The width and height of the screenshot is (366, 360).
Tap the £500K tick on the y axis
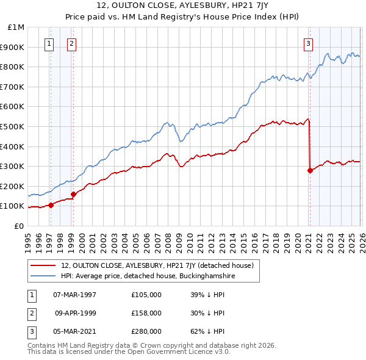pyautogui.click(x=13, y=126)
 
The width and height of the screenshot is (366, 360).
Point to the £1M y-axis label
pyautogui.click(x=16, y=27)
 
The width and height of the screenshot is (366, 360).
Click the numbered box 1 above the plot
pyautogui.click(x=49, y=43)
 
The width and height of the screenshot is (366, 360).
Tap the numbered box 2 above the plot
pyautogui.click(x=72, y=43)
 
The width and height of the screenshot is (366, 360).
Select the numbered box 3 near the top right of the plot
pyautogui.click(x=309, y=43)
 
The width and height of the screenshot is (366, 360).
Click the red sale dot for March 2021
pyautogui.click(x=309, y=170)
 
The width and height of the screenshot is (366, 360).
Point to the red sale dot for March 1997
pyautogui.click(x=51, y=205)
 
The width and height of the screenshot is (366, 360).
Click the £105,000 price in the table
pyautogui.click(x=146, y=295)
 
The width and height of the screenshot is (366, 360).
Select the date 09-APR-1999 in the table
pyautogui.click(x=75, y=313)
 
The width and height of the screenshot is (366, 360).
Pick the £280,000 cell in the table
pyautogui.click(x=146, y=331)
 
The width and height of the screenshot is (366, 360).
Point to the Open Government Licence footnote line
pyautogui.click(x=129, y=352)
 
